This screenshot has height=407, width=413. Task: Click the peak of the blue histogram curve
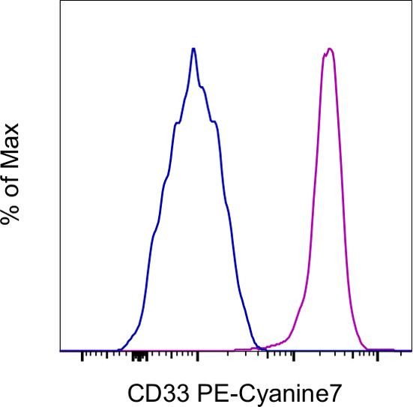click(194, 49)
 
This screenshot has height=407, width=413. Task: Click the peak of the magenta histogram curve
click(329, 49)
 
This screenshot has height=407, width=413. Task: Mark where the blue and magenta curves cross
click(257, 346)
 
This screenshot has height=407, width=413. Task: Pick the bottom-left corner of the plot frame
click(60, 351)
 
